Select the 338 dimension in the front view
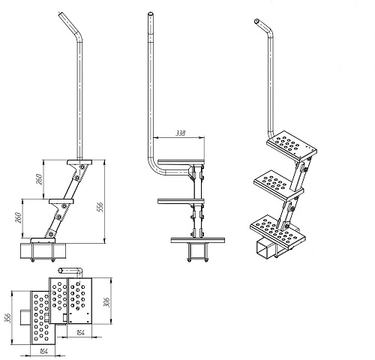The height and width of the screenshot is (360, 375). (x=181, y=133)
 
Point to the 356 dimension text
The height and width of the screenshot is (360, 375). (x=8, y=318)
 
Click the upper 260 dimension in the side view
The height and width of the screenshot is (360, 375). (x=39, y=179)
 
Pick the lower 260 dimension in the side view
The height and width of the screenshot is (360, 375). (x=18, y=217)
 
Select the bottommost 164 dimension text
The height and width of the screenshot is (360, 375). (x=43, y=351)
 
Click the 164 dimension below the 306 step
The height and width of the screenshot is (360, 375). (x=80, y=333)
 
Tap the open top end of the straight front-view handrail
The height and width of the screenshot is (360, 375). (x=151, y=13)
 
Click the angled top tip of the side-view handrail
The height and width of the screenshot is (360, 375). (x=61, y=14)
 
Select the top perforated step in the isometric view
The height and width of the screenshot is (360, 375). (x=291, y=146)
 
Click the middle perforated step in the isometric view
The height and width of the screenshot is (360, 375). (x=278, y=184)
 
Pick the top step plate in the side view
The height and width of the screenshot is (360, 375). (x=79, y=162)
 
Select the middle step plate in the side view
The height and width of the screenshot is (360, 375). (x=61, y=201)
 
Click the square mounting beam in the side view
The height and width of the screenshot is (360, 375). (x=43, y=250)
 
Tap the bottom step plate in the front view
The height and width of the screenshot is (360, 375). (x=198, y=241)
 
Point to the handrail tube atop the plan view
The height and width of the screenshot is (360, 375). (x=70, y=271)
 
